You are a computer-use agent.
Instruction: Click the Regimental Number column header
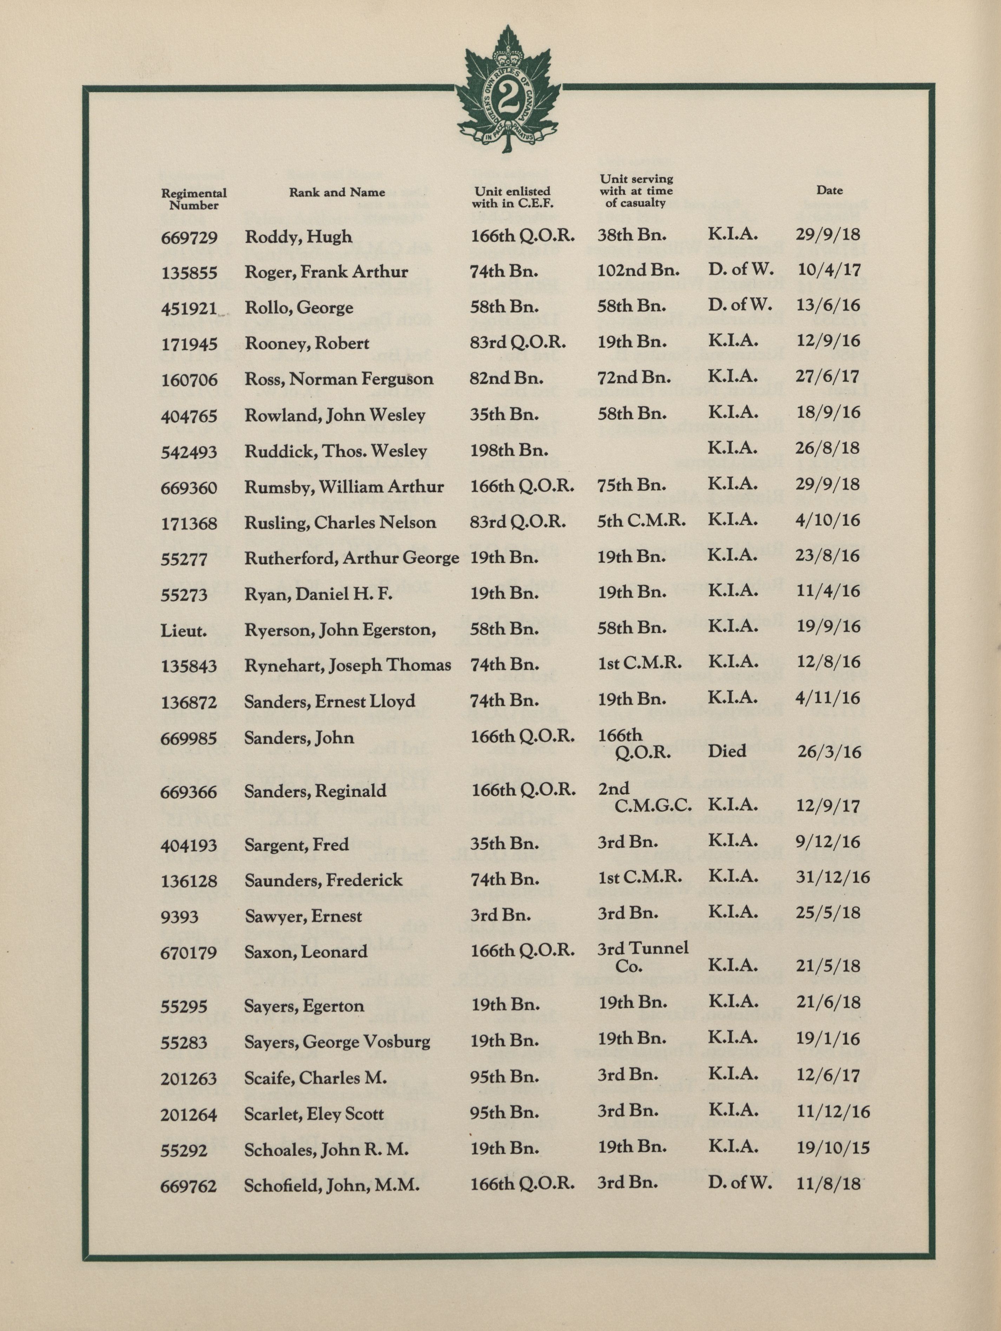(x=194, y=199)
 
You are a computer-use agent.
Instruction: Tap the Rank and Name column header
(x=337, y=193)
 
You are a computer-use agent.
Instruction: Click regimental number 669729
(x=189, y=238)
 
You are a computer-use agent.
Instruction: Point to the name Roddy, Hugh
(x=298, y=237)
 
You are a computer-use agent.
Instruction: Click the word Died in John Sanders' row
(x=727, y=751)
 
